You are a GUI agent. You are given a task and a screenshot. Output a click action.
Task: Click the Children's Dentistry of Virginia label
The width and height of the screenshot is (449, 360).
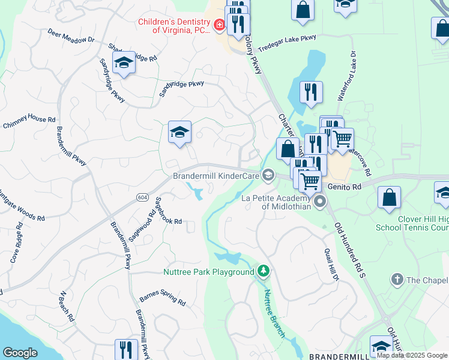coord(173,26)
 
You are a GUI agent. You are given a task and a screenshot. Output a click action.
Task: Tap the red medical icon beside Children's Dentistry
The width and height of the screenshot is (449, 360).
coord(219,25)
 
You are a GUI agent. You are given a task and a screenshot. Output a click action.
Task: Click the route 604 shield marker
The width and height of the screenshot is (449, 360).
coord(142,197)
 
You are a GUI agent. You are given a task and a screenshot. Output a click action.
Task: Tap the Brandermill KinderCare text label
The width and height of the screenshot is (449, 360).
coord(215,176)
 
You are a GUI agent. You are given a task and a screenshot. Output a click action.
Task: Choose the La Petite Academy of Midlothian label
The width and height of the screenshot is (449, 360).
coord(277,202)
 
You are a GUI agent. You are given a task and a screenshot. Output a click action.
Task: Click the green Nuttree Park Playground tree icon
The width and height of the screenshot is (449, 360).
coord(263,272)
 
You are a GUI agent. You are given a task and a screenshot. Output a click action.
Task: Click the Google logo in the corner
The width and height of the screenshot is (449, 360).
coord(20,352)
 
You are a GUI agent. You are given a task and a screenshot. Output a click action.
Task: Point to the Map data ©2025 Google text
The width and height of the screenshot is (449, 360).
coord(412,355)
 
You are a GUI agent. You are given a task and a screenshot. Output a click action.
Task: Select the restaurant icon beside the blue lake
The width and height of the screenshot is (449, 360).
coord(311,92)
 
